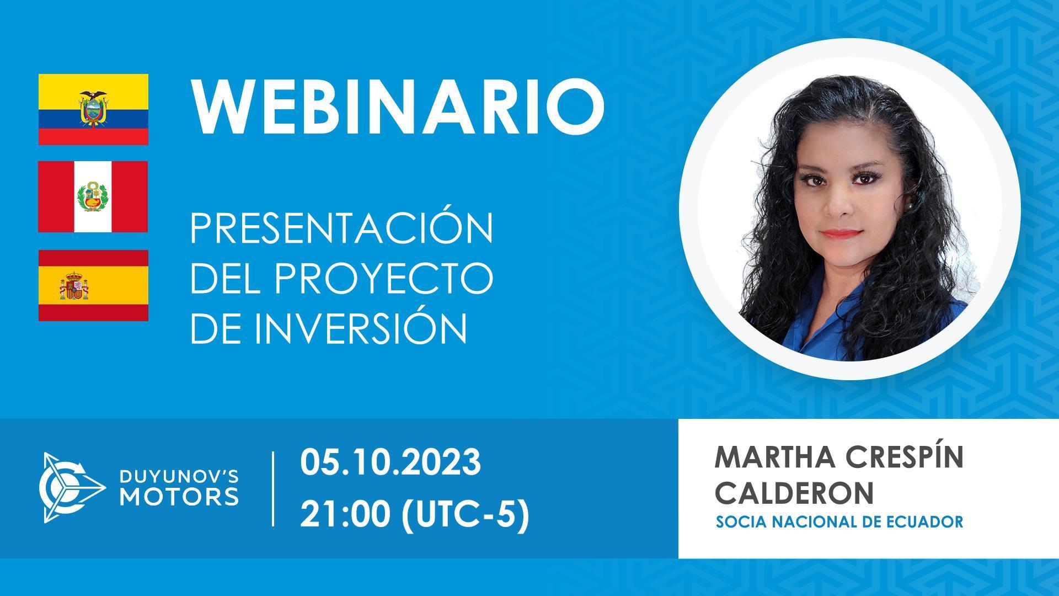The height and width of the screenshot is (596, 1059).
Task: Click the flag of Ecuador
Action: [93, 109]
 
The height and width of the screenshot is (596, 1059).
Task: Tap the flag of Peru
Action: [93, 196]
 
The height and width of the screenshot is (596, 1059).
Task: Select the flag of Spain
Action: [93, 285]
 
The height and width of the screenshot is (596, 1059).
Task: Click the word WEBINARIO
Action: [397, 107]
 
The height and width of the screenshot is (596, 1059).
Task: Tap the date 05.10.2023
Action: [391, 462]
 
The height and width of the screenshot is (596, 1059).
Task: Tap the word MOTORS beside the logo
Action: [179, 496]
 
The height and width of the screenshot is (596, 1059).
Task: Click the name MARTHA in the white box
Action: [769, 457]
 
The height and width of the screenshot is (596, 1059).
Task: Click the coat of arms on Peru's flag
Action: [93, 196]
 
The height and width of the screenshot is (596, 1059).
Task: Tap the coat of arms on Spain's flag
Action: [73, 286]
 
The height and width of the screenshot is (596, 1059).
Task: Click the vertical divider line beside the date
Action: [274, 489]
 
